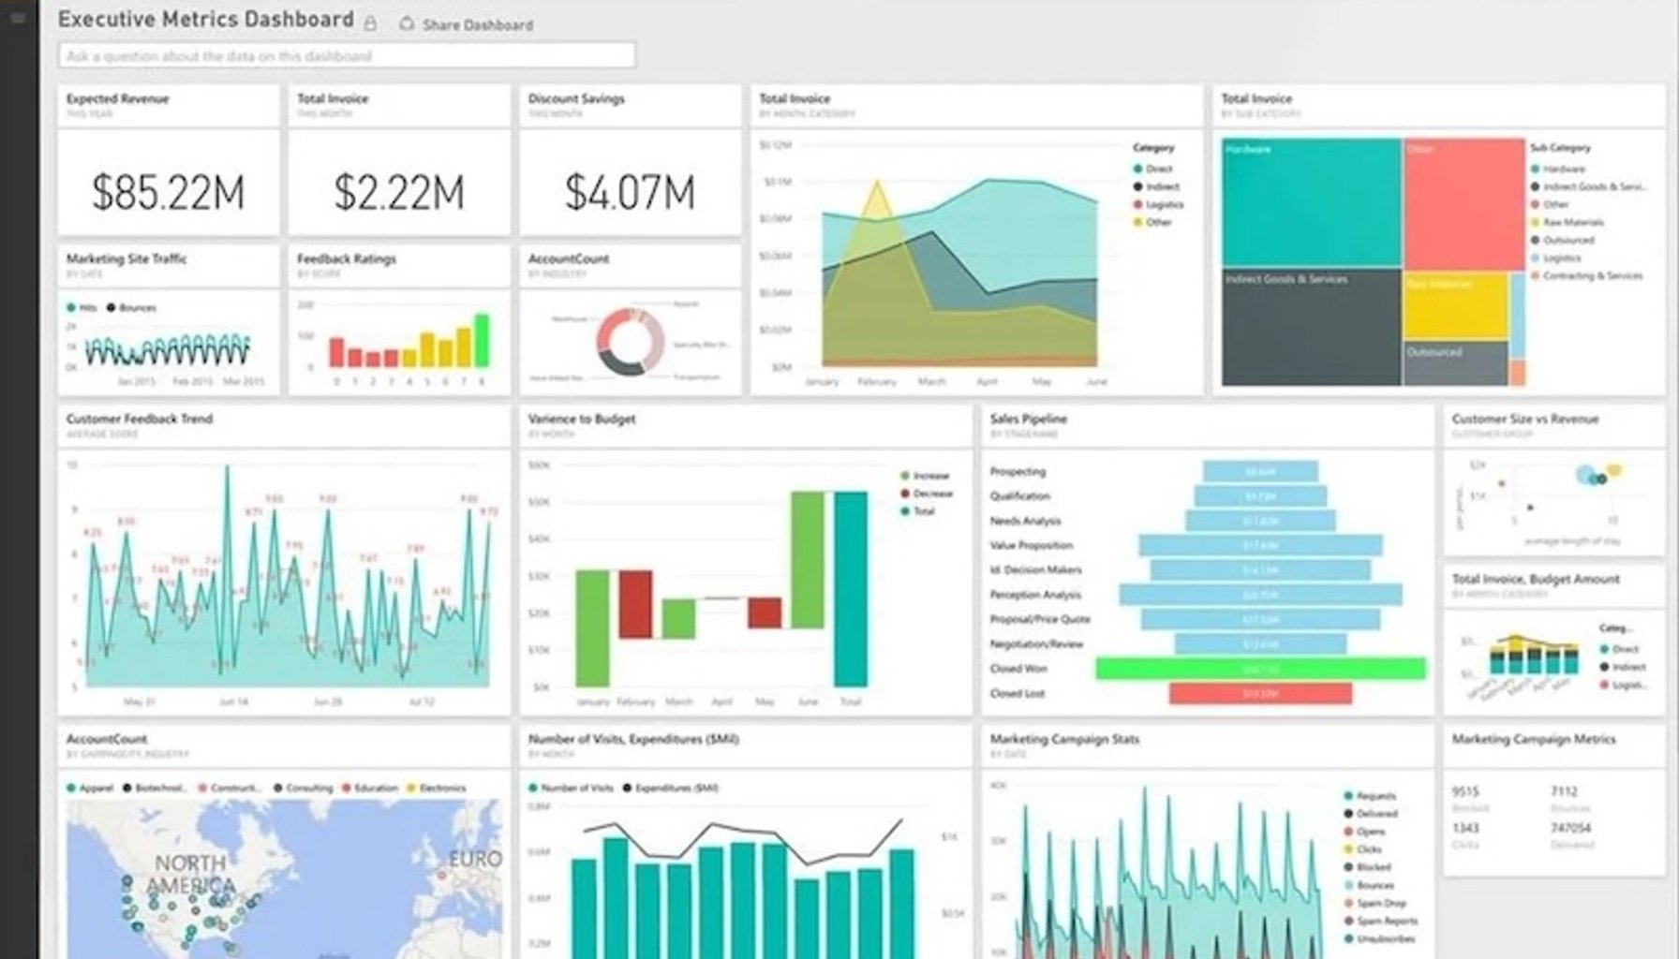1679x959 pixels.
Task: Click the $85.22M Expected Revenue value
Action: (169, 192)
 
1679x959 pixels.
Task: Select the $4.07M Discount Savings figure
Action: (630, 192)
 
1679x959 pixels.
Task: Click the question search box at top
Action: (347, 56)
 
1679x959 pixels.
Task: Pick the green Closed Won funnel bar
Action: (1260, 669)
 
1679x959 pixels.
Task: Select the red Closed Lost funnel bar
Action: (1260, 693)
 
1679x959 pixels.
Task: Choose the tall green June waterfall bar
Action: (808, 559)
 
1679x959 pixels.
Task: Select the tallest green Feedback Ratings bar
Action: (482, 341)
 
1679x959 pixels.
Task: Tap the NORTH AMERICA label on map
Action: (191, 874)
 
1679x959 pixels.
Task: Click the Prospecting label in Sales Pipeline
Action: (1018, 472)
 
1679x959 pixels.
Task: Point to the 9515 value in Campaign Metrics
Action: (1465, 791)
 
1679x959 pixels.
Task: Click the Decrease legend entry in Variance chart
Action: (931, 494)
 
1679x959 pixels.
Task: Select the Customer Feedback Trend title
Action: (140, 419)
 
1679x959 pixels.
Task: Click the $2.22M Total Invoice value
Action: (399, 192)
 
